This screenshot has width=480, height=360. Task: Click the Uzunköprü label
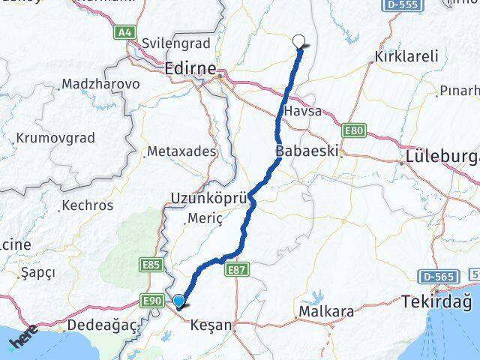coord(208,197)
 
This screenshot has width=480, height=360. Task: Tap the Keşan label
coord(211,326)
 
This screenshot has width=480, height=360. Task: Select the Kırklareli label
coord(407,57)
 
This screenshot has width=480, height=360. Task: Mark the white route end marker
coord(300,43)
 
